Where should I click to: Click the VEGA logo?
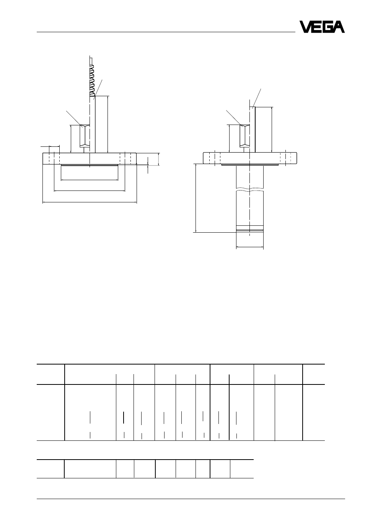tap(322, 27)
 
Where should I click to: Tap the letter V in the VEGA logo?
tap(306, 27)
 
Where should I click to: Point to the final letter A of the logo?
tap(338, 27)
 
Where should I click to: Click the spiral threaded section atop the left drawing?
tap(92, 80)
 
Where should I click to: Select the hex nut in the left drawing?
tap(85, 136)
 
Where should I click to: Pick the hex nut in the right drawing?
tap(245, 136)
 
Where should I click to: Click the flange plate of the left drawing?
tap(90, 158)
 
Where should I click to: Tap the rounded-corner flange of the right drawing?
tap(250, 158)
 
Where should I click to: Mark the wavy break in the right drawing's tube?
tap(250, 189)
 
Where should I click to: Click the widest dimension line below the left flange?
tap(90, 202)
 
